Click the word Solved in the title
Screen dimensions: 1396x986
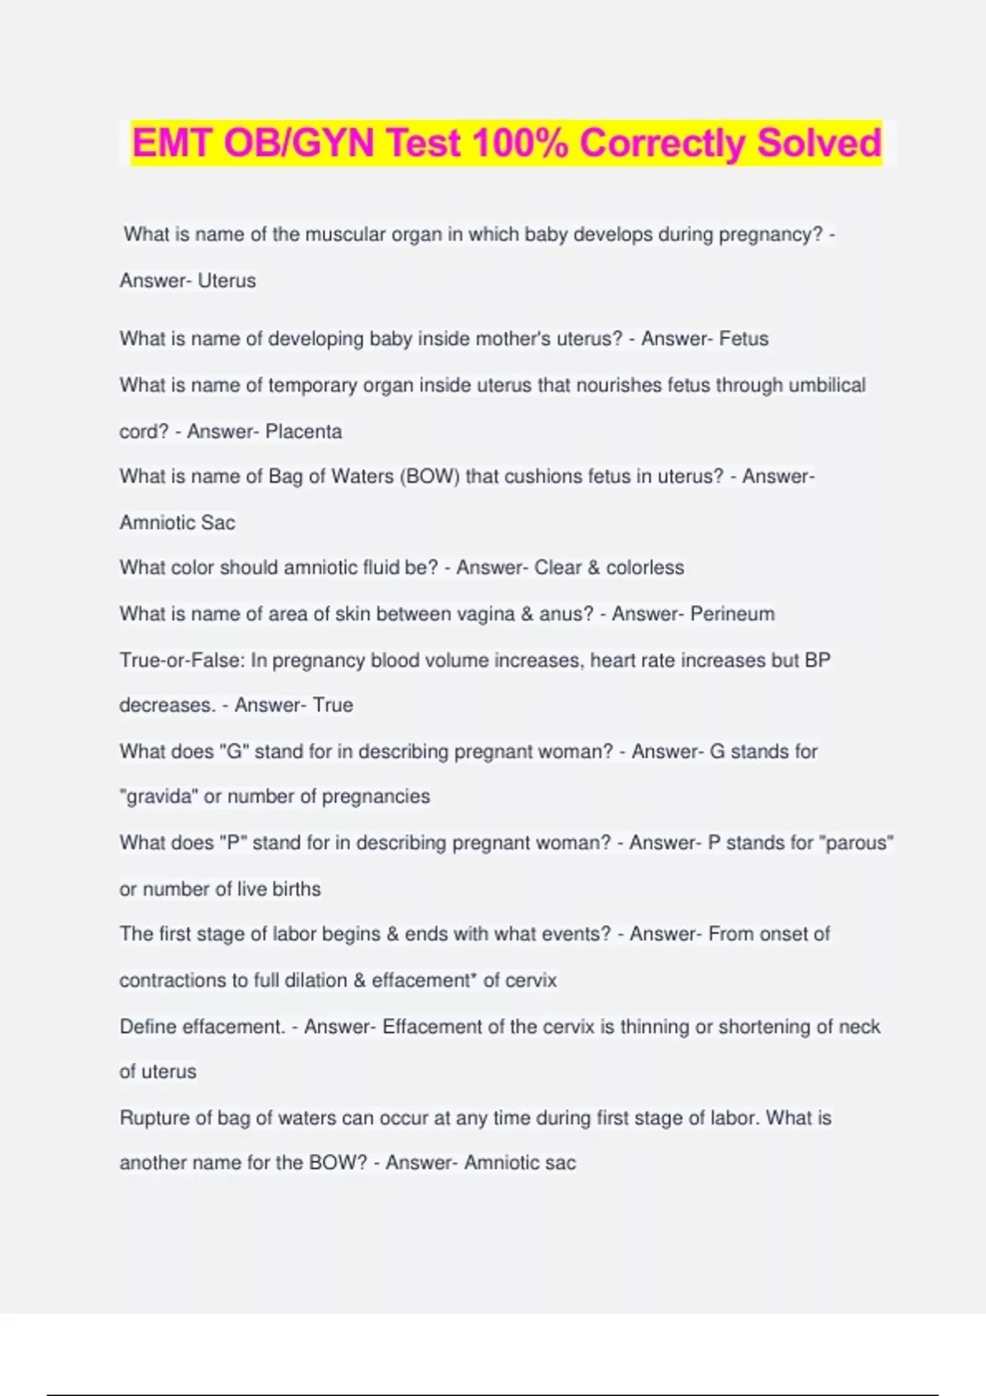[818, 143]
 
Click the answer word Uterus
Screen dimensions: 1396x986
[227, 281]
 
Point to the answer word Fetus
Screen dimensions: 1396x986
[744, 339]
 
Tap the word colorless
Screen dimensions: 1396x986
[645, 568]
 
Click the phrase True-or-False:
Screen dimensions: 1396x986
[182, 661]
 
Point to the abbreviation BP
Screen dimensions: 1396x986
[818, 661]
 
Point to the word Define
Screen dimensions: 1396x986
[148, 1027]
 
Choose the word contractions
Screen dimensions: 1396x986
[171, 980]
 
